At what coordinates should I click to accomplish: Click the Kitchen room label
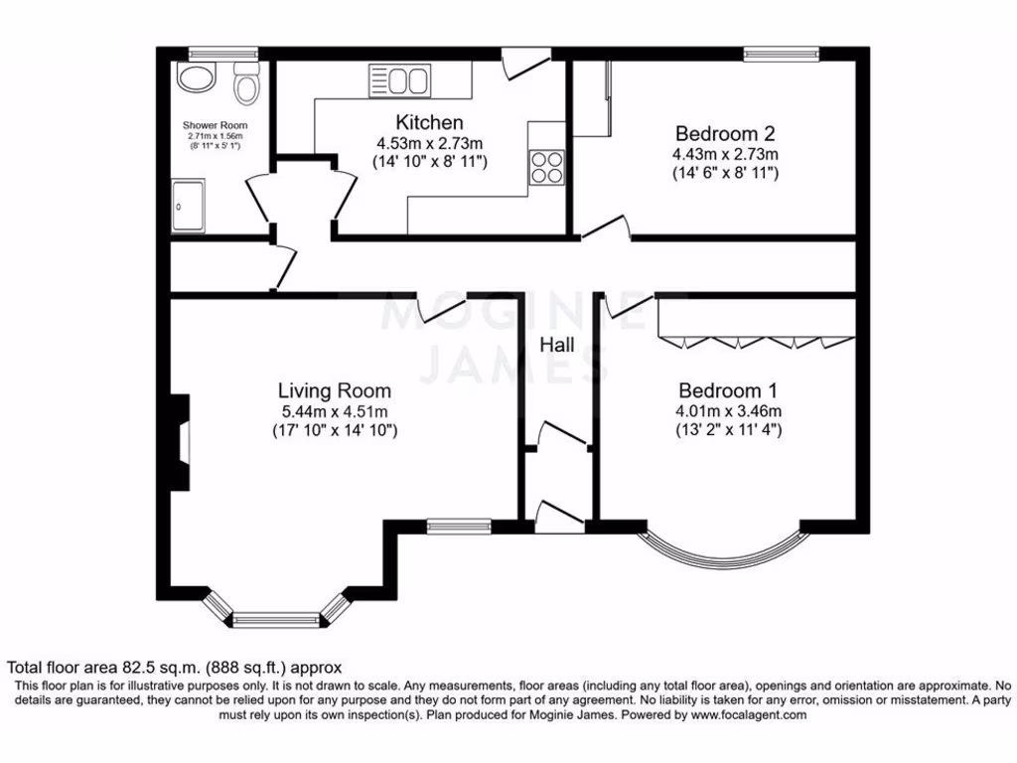coord(429,123)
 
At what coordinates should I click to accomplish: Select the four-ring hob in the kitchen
coord(544,166)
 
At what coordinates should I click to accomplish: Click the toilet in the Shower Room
coord(245,84)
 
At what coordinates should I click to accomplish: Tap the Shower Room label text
coord(215,126)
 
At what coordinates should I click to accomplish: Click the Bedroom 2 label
coord(724,133)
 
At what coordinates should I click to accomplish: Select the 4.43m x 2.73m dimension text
coord(724,154)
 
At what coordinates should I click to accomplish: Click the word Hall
coord(556,345)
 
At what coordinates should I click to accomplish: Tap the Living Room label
coord(334,390)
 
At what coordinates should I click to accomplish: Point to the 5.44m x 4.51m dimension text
coord(334,411)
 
